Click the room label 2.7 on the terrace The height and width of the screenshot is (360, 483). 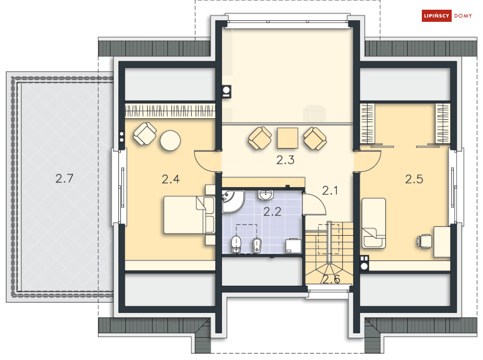pyautogui.click(x=65, y=179)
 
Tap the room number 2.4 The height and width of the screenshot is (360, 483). pyautogui.click(x=171, y=179)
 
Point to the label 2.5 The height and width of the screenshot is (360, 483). pyautogui.click(x=414, y=179)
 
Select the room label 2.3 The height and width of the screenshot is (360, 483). pyautogui.click(x=285, y=160)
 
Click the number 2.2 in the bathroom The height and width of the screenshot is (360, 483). pyautogui.click(x=273, y=212)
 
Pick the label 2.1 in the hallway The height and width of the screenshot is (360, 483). pyautogui.click(x=330, y=191)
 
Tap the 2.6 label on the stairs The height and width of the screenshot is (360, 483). pyautogui.click(x=331, y=279)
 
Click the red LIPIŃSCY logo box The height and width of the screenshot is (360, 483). pyautogui.click(x=436, y=16)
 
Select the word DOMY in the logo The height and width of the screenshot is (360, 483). pyautogui.click(x=463, y=16)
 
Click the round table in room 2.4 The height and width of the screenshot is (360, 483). pyautogui.click(x=170, y=140)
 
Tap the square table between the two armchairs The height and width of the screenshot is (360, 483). pyautogui.click(x=287, y=138)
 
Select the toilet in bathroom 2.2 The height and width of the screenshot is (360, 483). pyautogui.click(x=236, y=245)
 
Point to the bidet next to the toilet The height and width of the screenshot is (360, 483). pyautogui.click(x=257, y=245)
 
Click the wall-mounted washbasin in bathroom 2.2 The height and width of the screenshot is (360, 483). pyautogui.click(x=266, y=195)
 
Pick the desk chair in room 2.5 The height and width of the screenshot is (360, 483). pyautogui.click(x=424, y=241)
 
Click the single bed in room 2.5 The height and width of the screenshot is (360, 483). pyautogui.click(x=374, y=223)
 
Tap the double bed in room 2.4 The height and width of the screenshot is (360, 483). pyautogui.click(x=188, y=214)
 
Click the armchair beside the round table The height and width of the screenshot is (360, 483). pyautogui.click(x=145, y=133)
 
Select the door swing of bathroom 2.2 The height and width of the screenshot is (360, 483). pyautogui.click(x=314, y=204)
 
